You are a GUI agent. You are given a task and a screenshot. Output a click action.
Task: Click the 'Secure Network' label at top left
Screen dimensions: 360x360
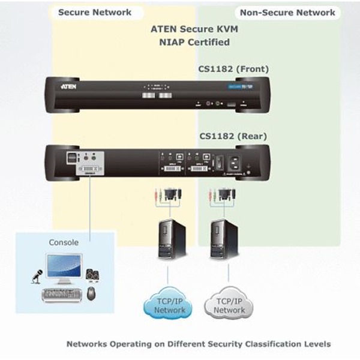(x=94, y=12)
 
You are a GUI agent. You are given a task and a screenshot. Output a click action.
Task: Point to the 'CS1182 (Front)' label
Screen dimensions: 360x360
(x=233, y=69)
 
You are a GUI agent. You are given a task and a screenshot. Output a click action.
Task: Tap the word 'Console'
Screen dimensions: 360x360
(x=63, y=242)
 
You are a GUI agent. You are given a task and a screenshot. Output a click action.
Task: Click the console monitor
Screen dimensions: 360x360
(x=64, y=268)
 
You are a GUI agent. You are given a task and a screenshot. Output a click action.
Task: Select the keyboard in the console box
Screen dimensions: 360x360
(x=60, y=295)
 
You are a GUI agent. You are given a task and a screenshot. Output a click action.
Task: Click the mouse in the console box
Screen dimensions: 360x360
(x=91, y=293)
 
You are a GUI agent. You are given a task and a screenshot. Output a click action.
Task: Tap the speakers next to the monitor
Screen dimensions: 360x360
(x=93, y=275)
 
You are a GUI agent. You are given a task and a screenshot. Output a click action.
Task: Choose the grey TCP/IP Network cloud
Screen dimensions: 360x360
(x=229, y=306)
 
